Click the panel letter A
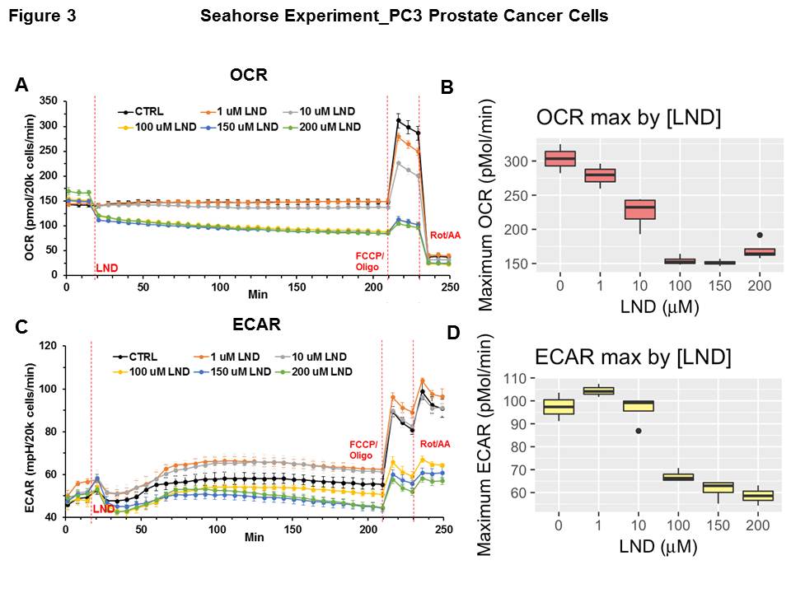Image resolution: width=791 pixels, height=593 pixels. click(x=22, y=85)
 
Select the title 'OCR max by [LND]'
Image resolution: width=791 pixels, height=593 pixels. click(x=629, y=118)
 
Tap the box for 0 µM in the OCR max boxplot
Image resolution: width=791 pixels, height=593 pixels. click(x=560, y=158)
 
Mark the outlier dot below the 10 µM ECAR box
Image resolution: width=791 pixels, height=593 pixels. click(x=639, y=431)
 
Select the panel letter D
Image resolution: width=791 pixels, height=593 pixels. click(x=452, y=334)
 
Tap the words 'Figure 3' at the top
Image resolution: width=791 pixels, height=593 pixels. click(x=42, y=16)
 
